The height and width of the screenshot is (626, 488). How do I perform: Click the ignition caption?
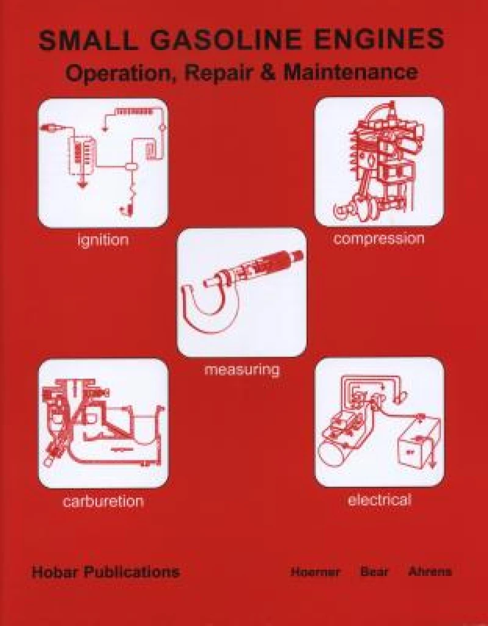pyautogui.click(x=103, y=240)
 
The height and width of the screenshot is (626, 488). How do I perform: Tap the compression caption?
pyautogui.click(x=378, y=238)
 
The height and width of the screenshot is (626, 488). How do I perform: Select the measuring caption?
pyautogui.click(x=242, y=369)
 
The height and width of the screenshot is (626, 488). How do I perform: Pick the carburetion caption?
pyautogui.click(x=103, y=502)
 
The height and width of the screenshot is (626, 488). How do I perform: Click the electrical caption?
pyautogui.click(x=379, y=500)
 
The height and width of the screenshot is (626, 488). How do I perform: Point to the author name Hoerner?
pyautogui.click(x=315, y=572)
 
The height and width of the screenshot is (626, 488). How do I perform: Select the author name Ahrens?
pyautogui.click(x=430, y=572)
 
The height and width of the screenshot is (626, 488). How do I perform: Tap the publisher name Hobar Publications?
pyautogui.click(x=106, y=572)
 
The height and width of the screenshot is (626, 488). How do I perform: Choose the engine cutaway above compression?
pyautogui.click(x=378, y=162)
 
